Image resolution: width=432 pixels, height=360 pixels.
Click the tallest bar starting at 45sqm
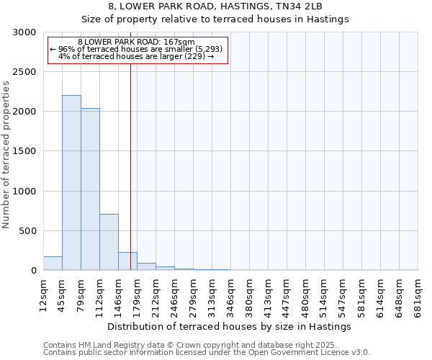(71, 183)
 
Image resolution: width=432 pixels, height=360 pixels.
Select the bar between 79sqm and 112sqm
(90, 189)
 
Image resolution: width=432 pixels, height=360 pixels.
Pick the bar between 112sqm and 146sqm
(109, 242)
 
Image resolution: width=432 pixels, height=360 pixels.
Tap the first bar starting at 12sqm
(53, 264)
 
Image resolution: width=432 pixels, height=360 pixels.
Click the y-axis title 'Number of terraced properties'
(6, 155)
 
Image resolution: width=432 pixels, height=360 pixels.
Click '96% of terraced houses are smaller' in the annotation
(137, 49)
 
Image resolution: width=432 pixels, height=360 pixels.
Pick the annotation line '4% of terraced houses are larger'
(137, 56)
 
